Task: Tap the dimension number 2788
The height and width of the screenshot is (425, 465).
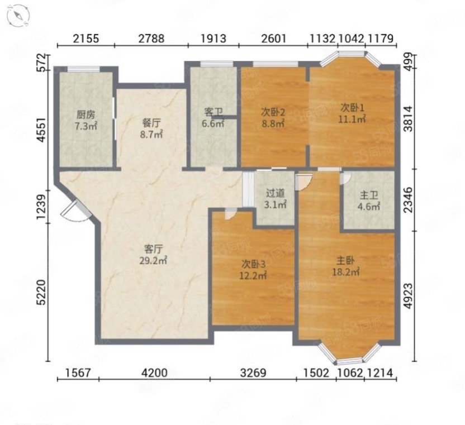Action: [151, 39]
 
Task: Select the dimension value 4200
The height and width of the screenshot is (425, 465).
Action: [154, 373]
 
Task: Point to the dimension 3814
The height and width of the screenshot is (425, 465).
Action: [409, 118]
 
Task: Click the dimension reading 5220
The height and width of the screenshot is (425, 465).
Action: [42, 292]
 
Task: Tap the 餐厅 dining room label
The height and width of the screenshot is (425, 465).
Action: [151, 122]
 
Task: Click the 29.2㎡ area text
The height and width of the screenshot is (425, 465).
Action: [153, 260]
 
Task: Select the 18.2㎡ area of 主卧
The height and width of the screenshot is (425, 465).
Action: [346, 271]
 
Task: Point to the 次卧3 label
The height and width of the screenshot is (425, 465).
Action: [253, 264]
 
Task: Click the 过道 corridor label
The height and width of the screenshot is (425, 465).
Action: [275, 194]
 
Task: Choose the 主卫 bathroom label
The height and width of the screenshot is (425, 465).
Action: [369, 195]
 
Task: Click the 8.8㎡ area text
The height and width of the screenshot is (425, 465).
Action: [273, 123]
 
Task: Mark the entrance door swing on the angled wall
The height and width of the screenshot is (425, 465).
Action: [74, 211]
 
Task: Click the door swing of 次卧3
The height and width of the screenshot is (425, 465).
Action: [230, 214]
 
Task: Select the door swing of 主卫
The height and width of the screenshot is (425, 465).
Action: [346, 178]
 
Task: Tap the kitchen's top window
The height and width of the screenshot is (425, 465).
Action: [83, 69]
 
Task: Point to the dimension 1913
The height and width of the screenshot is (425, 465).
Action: [213, 39]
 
